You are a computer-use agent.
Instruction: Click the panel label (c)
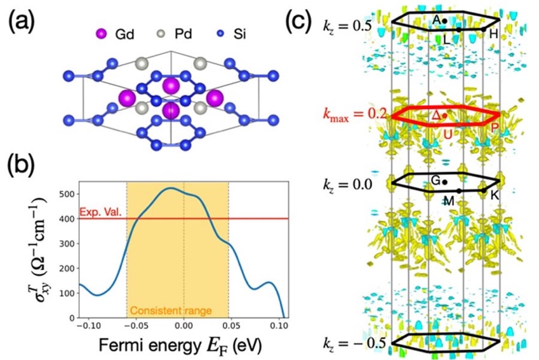[x=299, y=20]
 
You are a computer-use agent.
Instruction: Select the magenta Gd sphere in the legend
[x=101, y=34]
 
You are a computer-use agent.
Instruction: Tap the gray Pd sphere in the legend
[x=161, y=34]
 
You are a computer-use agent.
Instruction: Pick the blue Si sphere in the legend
[x=221, y=34]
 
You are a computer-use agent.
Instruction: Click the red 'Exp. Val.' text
[x=101, y=212]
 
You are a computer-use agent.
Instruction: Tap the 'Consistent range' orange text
[x=171, y=311]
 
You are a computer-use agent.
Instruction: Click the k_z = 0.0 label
[x=347, y=185]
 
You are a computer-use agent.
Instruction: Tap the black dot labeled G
[x=445, y=182]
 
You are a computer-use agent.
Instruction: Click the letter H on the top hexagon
[x=494, y=34]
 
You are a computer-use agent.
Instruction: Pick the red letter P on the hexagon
[x=495, y=128]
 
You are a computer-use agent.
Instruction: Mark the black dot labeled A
[x=444, y=21]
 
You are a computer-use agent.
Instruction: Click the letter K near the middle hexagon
[x=495, y=195]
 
